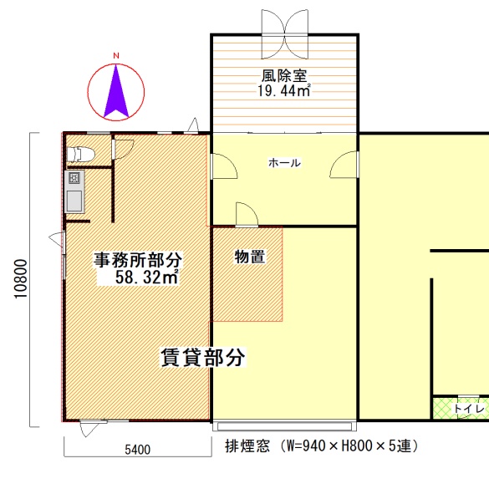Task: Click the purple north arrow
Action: point(116,94)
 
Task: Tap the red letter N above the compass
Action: point(116,56)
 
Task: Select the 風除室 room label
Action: point(284,76)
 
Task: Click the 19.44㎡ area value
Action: point(284,90)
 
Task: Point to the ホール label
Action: point(284,163)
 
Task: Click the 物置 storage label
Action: point(250,257)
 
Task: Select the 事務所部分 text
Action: point(138,260)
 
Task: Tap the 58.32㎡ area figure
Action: point(147,277)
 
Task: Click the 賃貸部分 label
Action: point(203,358)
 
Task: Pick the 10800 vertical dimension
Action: point(21,279)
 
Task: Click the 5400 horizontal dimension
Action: point(138,450)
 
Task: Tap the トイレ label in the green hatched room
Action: point(469,409)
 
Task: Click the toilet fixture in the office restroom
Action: point(80,155)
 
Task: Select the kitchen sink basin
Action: point(74,201)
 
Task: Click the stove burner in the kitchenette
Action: point(74,178)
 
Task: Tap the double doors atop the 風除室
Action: point(285,34)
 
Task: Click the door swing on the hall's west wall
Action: point(224,166)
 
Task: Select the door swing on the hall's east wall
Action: point(344,165)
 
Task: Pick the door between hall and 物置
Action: point(247,215)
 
